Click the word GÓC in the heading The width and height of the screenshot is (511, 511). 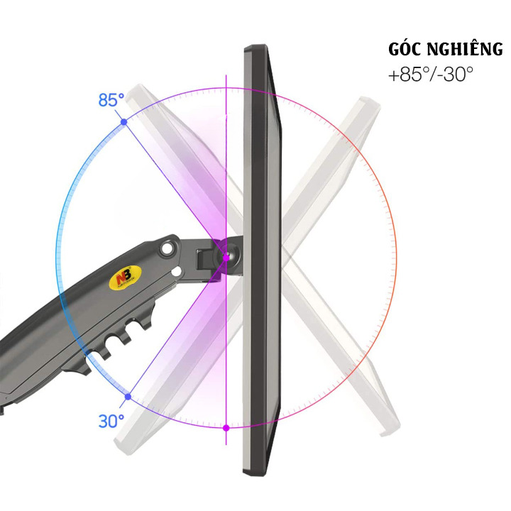405,49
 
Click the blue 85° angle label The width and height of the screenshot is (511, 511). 111,100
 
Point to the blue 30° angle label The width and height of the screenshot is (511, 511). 111,421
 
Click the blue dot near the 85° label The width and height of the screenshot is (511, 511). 123,122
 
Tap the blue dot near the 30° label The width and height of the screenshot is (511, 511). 128,397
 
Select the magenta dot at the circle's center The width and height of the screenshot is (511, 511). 226,258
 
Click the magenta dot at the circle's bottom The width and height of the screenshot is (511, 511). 226,428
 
